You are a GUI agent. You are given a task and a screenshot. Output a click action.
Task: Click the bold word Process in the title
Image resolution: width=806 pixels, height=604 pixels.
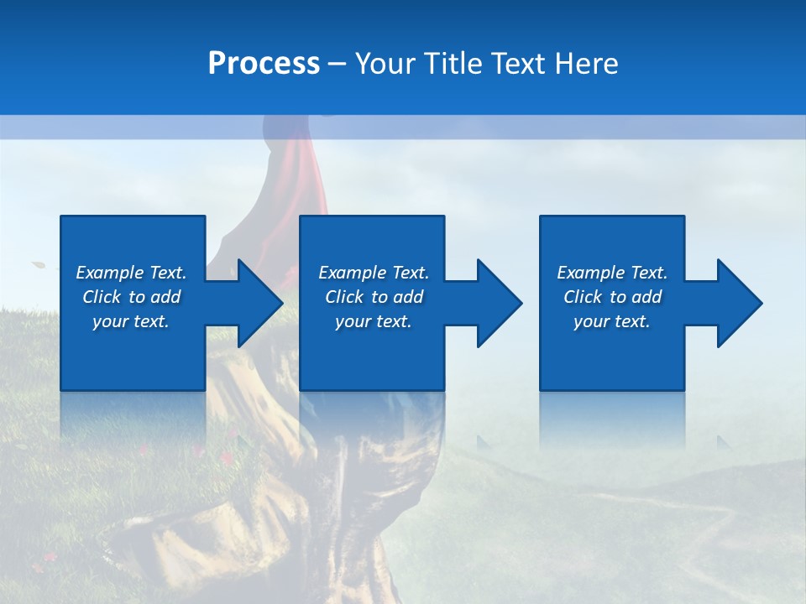click(264, 63)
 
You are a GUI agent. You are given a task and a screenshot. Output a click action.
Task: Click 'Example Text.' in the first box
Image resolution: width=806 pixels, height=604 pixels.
click(131, 273)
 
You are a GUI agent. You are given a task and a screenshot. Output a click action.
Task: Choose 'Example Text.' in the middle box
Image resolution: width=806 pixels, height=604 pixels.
click(374, 273)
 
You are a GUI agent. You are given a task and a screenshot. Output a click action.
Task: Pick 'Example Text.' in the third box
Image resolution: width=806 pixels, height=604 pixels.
click(612, 273)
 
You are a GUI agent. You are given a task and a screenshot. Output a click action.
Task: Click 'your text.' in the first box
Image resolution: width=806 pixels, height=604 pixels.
click(131, 321)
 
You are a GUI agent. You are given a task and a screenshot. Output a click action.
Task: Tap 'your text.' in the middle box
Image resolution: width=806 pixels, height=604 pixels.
click(374, 321)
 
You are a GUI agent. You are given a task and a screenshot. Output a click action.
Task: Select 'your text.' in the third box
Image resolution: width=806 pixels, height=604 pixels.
click(612, 321)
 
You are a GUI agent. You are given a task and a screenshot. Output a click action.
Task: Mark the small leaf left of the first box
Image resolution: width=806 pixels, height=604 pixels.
click(39, 265)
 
